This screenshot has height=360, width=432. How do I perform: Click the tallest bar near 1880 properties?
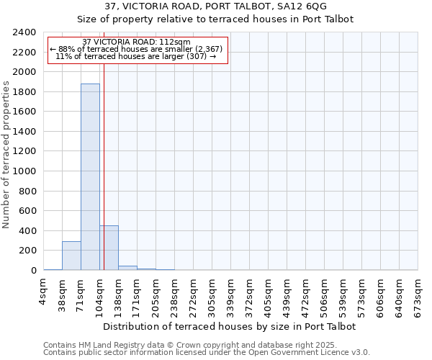point(90,176)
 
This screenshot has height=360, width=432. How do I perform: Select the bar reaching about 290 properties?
point(71,256)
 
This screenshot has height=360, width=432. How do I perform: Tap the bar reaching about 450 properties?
point(109,248)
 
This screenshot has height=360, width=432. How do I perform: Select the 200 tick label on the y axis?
point(28,251)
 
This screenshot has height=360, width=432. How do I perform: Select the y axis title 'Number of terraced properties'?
point(6,155)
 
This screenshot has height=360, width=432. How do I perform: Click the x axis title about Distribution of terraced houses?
point(230,327)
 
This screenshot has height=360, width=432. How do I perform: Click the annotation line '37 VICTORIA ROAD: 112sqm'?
point(136,42)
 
